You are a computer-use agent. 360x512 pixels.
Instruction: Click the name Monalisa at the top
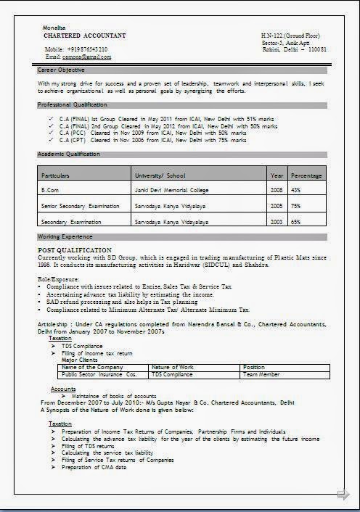point(55,28)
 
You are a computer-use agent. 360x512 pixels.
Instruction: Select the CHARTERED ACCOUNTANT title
point(84,36)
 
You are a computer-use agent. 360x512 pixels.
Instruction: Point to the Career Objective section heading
point(62,70)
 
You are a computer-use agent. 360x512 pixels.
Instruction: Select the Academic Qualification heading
point(69,154)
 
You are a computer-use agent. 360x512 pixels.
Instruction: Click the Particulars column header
point(56,176)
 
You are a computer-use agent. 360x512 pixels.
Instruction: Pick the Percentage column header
point(306,176)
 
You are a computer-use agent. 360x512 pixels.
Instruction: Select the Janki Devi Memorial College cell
point(171,190)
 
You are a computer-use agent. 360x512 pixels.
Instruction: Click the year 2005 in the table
point(277,206)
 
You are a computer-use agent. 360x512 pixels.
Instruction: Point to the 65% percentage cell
point(296,222)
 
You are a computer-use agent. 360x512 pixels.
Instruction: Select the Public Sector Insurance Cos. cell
point(99,375)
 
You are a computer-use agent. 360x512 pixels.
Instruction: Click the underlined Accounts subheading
point(63,389)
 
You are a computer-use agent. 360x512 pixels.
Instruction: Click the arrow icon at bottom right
point(343,495)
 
